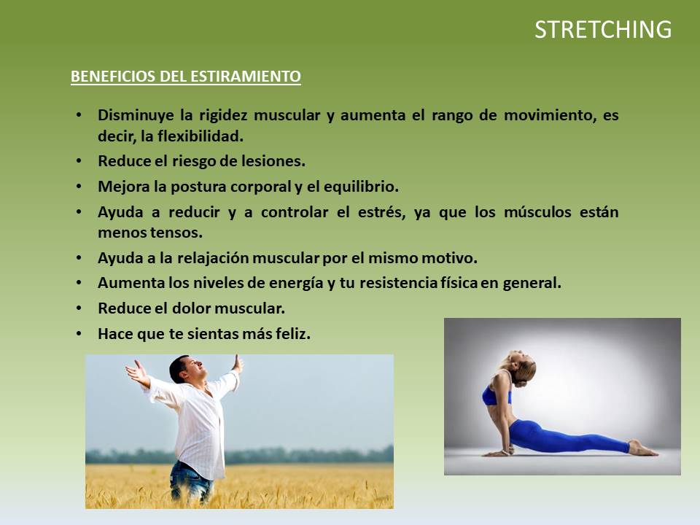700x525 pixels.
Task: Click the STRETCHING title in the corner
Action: click(x=603, y=30)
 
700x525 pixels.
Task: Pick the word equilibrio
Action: click(x=361, y=187)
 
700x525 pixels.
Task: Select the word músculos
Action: click(x=537, y=212)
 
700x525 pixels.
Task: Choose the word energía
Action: click(x=297, y=284)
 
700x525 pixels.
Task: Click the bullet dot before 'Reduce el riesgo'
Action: click(x=79, y=161)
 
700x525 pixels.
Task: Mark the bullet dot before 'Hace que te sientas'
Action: click(x=79, y=334)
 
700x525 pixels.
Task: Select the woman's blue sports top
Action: click(x=497, y=394)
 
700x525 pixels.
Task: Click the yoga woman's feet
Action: click(x=643, y=448)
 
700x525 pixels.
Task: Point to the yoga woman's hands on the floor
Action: click(x=499, y=453)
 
